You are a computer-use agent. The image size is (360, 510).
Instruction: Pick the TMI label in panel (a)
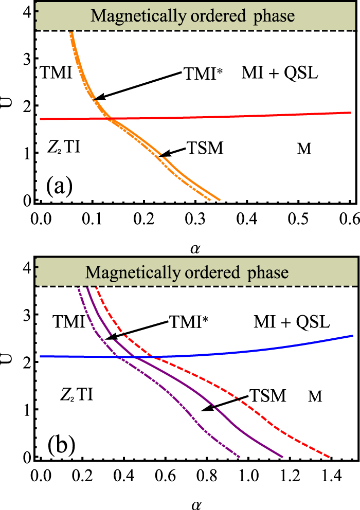(x=55, y=72)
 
